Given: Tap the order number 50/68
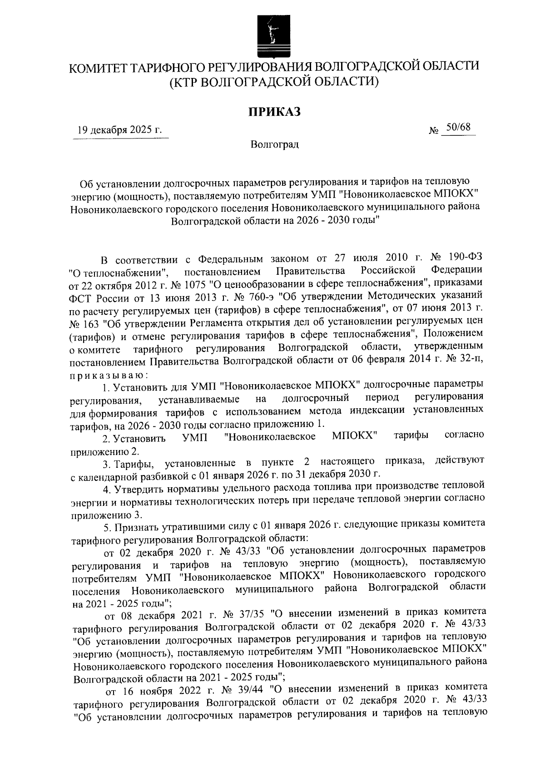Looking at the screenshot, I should (x=458, y=128).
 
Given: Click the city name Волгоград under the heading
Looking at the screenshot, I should (x=274, y=145).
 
